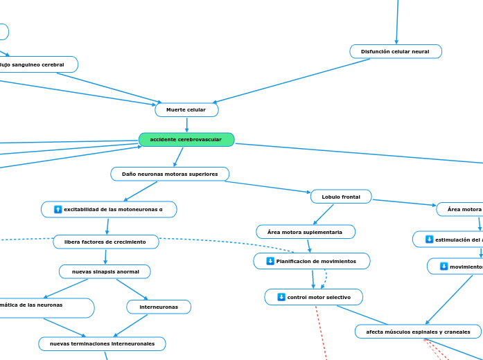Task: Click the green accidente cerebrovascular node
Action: pos(186,140)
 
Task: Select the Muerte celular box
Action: pos(186,110)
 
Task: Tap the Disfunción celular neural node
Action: pos(396,52)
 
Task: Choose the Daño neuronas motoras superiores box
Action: pos(170,174)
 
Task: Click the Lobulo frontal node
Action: pos(341,197)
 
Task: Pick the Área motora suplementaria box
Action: pos(305,232)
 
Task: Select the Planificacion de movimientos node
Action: pos(312,261)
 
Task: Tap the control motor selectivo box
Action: pos(314,297)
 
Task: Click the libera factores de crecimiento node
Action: pos(105,242)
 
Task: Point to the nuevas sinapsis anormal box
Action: pos(105,271)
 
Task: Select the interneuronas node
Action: pos(159,307)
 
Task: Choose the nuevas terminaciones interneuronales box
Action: pos(102,344)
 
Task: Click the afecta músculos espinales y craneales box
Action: pos(418,332)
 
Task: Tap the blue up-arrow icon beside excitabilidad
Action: pos(58,209)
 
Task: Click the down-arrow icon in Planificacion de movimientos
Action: pos(270,261)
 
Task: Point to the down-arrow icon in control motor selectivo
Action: pos(281,297)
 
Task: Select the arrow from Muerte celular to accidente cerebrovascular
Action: pos(186,125)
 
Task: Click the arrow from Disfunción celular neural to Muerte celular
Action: pos(291,80)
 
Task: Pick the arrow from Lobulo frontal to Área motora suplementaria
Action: pos(324,214)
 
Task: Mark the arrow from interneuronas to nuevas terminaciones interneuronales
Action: pos(130,325)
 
